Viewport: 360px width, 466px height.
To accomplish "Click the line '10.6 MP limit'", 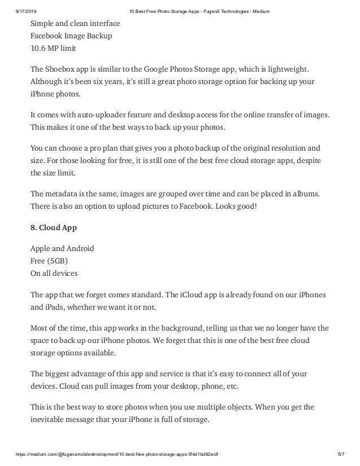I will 53,49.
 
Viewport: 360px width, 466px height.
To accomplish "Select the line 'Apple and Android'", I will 62,248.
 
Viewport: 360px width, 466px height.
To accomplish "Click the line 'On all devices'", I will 55,272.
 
